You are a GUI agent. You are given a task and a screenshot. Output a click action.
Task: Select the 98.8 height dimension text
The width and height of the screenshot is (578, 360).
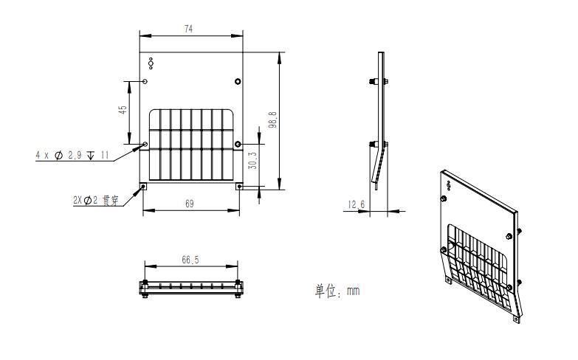(272, 120)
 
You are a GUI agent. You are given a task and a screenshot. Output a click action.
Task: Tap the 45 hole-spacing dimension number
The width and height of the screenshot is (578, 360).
(123, 109)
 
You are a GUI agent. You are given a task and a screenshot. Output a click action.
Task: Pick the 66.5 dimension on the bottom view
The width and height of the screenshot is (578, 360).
(190, 260)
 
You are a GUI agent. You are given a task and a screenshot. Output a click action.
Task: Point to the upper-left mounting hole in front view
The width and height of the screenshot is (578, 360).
(145, 80)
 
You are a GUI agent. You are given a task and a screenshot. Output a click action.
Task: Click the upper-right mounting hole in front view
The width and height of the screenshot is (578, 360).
(238, 80)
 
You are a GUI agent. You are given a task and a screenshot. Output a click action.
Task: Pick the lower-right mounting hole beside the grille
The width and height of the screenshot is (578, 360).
(238, 143)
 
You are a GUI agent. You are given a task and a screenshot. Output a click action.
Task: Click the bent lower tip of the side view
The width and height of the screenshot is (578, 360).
(374, 184)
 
